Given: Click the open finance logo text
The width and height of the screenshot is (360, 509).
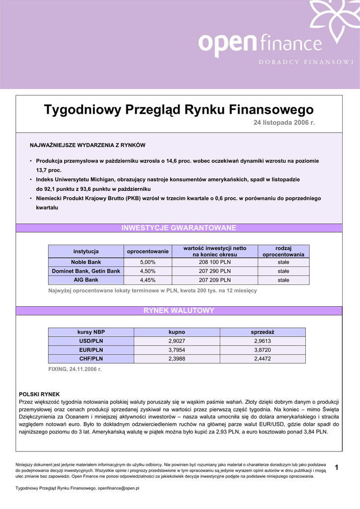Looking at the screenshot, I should pos(260,43).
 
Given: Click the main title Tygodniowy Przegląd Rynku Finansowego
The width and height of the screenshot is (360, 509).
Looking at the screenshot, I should pos(179,109).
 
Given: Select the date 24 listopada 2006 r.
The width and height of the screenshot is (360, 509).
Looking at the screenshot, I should pos(285,122).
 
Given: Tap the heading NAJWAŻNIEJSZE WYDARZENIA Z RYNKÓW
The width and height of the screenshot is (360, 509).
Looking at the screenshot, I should pos(88,145).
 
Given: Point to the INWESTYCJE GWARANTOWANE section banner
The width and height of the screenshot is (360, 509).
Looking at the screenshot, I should pos(179,228).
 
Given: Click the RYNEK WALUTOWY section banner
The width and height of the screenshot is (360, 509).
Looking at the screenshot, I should pos(179,311).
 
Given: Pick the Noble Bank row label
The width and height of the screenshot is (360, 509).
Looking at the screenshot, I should pos(86,262).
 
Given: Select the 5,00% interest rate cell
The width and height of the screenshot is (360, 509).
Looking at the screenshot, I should pos(148,262).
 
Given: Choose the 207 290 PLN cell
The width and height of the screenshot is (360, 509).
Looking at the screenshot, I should pos(215,271).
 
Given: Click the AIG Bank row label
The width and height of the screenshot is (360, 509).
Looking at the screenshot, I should pos(86,280).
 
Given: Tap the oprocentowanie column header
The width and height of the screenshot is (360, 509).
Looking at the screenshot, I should pos(148,252).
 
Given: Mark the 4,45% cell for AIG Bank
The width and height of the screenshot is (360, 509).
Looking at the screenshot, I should pos(148,280).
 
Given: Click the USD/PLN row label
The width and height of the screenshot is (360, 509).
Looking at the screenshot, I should pos(91,341).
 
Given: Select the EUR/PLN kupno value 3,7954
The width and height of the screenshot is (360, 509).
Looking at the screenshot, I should pos(177,350).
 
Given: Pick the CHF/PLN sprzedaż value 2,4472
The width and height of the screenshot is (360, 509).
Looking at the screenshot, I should pos(263,358).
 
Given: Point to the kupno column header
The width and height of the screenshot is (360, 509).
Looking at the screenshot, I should pos(177,332).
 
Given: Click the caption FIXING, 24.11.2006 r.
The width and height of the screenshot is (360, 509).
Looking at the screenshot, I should pos(75,369).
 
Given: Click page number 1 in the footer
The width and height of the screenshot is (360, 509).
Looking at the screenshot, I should pos(337,467).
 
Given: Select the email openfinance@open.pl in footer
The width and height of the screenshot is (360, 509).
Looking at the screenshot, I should pos(118,489).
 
